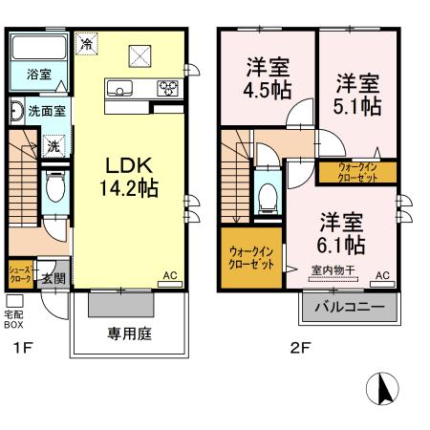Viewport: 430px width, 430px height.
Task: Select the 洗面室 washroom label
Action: (x=44, y=112)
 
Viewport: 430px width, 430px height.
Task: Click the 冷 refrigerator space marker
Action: (x=87, y=44)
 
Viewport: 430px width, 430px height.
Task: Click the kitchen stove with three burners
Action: (x=167, y=90)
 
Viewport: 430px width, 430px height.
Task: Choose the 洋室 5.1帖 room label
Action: (x=357, y=94)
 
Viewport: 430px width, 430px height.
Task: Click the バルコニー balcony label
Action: (x=350, y=309)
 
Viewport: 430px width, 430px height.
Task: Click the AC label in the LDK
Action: (x=170, y=276)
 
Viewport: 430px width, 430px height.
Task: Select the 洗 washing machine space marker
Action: (x=54, y=146)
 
